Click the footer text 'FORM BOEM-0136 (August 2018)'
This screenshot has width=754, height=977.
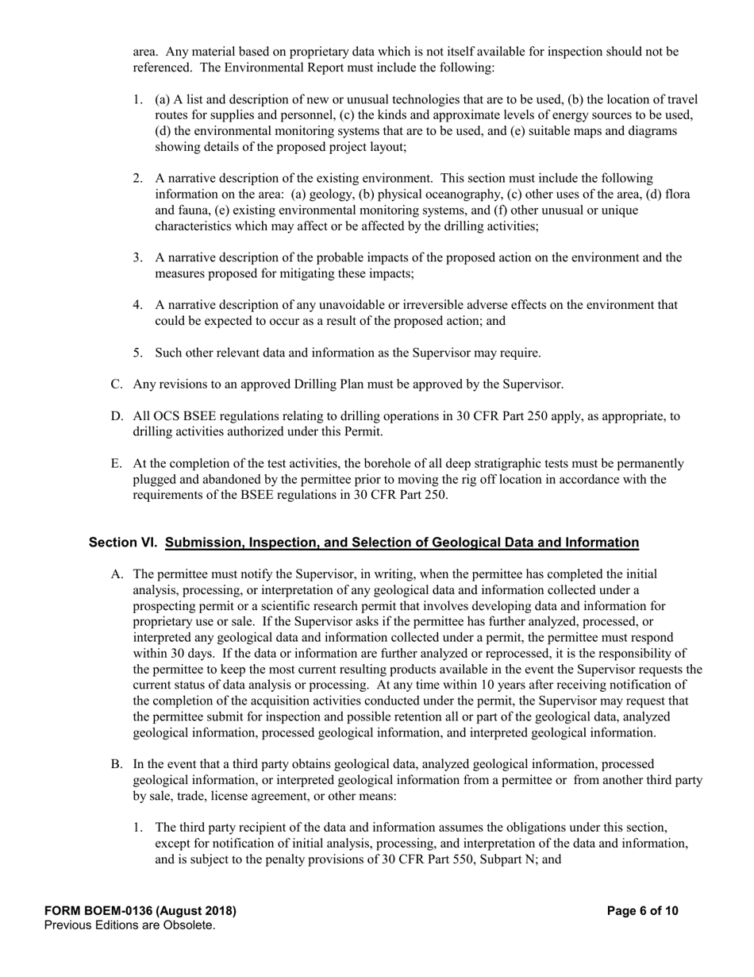140,911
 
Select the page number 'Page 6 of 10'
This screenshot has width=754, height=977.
642,911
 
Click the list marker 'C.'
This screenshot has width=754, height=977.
117,384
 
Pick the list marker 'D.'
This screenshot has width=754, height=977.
117,416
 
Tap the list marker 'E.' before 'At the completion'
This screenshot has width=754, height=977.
117,464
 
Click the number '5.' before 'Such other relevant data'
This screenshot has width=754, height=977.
138,353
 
